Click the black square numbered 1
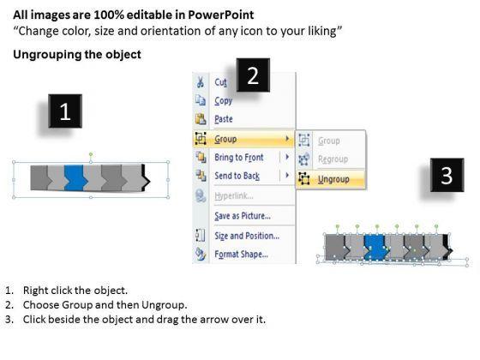[65, 111]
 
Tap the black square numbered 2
[253, 75]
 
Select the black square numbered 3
[447, 175]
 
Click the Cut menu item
[221, 82]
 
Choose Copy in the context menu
[224, 101]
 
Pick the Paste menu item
[224, 119]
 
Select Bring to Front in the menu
[239, 158]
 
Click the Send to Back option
[237, 176]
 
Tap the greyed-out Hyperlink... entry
[234, 196]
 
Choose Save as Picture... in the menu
[243, 216]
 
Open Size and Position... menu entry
[247, 236]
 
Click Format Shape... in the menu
[241, 254]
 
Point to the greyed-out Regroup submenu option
[333, 159]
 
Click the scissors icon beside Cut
[201, 82]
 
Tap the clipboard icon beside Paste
[201, 119]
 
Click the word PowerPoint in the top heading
[221, 15]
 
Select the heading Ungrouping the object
[77, 55]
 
